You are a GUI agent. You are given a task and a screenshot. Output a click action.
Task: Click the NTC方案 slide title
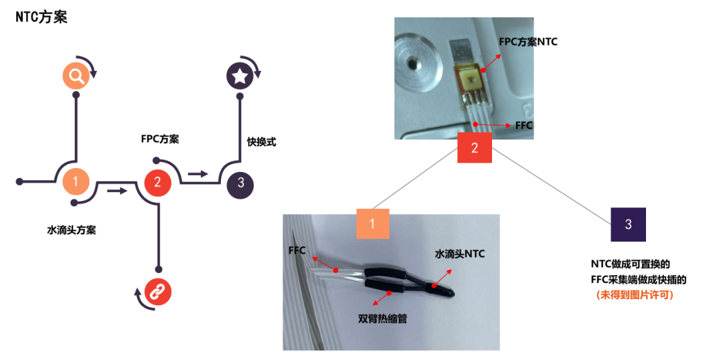42,17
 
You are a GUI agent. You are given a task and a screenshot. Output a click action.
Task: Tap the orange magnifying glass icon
76,76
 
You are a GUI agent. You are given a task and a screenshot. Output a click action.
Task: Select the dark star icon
239,76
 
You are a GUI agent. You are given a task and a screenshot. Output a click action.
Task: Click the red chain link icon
158,291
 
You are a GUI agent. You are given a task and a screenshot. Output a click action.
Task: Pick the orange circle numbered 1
76,181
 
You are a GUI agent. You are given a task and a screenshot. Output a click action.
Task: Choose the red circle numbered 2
157,181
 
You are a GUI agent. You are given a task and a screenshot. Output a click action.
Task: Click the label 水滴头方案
71,230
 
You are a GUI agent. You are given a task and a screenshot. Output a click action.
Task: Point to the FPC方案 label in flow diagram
159,139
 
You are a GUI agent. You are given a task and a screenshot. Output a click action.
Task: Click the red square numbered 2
475,148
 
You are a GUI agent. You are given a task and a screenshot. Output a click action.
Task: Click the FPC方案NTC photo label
528,41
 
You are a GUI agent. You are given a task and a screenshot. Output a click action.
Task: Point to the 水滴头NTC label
459,254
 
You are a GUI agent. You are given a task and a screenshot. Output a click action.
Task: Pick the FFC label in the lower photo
297,250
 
